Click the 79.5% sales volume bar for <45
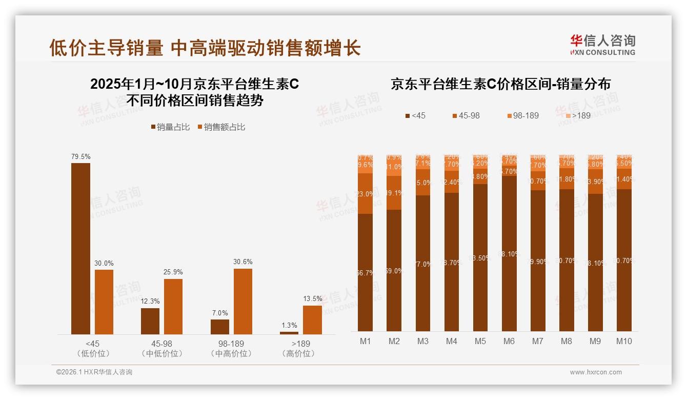click(x=80, y=249)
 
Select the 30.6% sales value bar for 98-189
click(x=243, y=302)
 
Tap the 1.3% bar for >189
click(x=289, y=333)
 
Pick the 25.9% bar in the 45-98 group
click(x=173, y=307)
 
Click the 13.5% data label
click(x=313, y=298)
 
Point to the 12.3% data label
click(x=150, y=301)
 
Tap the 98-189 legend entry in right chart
click(x=522, y=115)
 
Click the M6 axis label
click(x=509, y=341)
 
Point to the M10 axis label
click(x=623, y=341)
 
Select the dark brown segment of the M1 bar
click(x=366, y=272)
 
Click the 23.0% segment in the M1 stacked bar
click(x=366, y=194)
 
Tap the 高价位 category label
click(x=298, y=353)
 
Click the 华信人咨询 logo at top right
click(x=603, y=44)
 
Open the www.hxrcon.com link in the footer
click(x=595, y=372)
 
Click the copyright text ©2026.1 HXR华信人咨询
click(x=94, y=372)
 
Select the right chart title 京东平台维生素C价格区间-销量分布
click(x=500, y=84)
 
